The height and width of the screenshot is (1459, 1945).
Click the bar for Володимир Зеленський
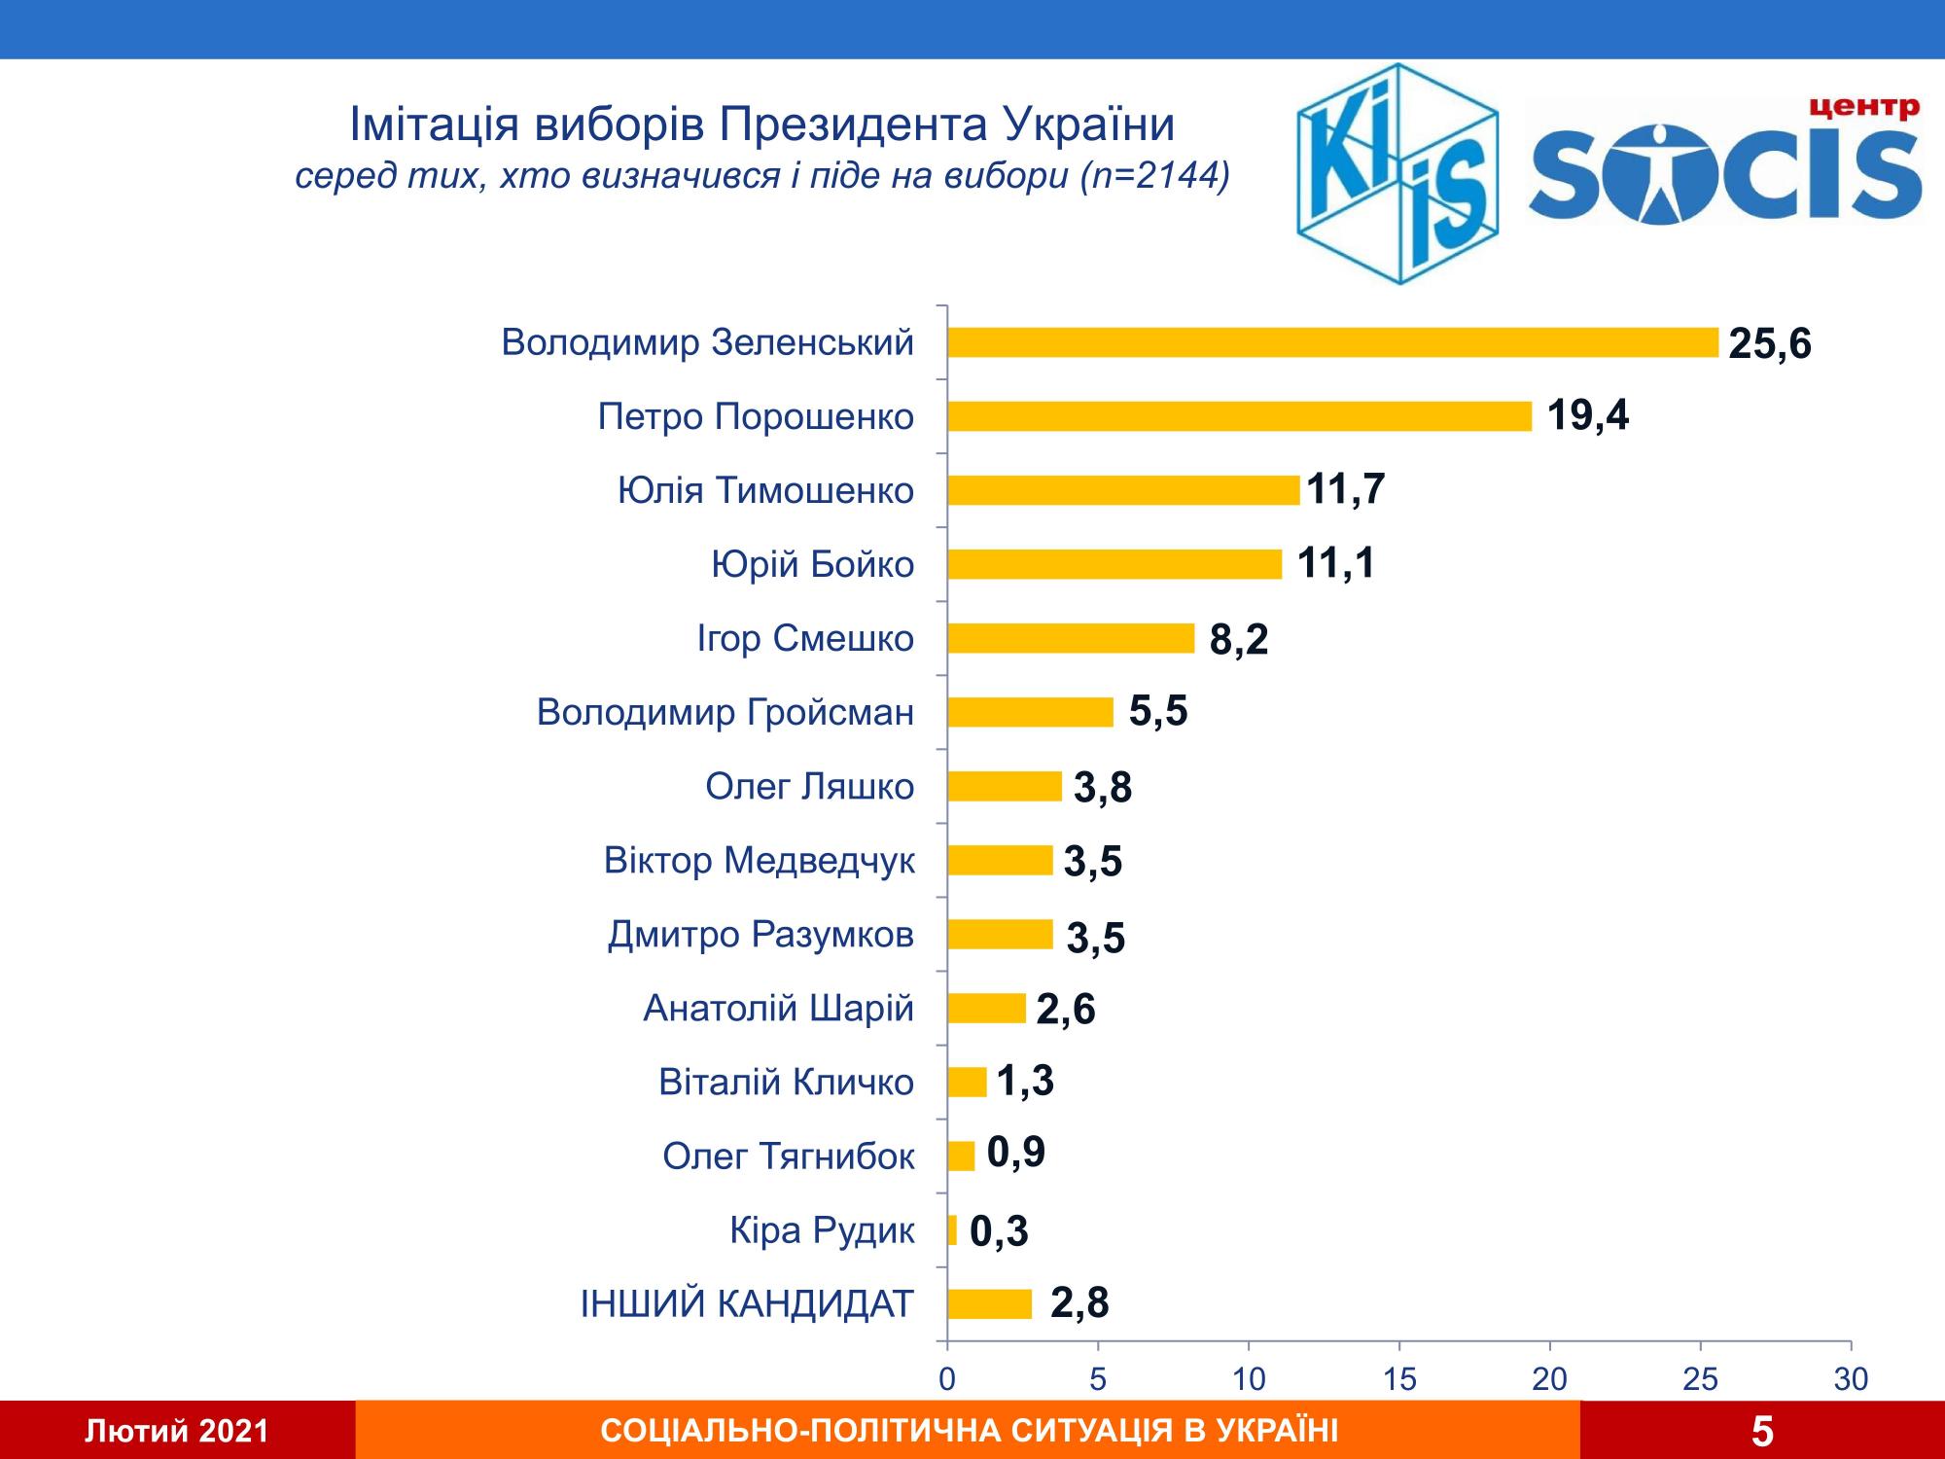[1332, 342]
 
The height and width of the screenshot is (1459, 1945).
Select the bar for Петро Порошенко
[1239, 416]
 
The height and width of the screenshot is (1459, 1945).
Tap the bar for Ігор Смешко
[1070, 638]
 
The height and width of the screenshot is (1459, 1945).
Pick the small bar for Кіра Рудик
[952, 1229]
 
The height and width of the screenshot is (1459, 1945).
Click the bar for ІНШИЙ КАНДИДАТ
[989, 1303]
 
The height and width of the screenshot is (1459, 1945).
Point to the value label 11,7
[1345, 488]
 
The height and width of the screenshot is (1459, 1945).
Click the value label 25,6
[1770, 344]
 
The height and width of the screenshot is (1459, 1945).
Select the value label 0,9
[1015, 1153]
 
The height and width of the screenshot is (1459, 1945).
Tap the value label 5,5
[1158, 712]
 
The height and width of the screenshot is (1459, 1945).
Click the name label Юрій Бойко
[813, 564]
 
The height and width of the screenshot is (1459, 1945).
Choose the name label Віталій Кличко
[786, 1082]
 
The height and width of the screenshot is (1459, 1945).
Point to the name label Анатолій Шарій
[778, 1009]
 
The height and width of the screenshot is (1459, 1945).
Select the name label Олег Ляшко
[809, 786]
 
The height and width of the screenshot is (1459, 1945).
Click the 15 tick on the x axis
[1398, 1379]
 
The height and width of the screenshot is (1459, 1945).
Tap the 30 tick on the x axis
[1851, 1379]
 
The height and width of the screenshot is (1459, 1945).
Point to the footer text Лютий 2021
[177, 1431]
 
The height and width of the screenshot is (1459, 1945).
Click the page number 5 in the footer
[1762, 1432]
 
